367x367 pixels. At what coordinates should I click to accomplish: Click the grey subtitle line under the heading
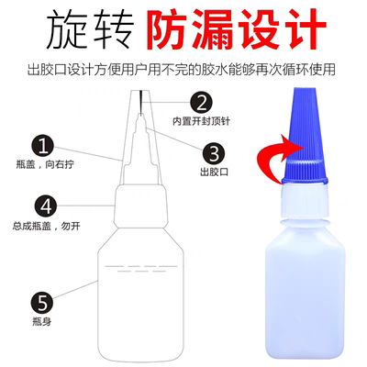[183, 67]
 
